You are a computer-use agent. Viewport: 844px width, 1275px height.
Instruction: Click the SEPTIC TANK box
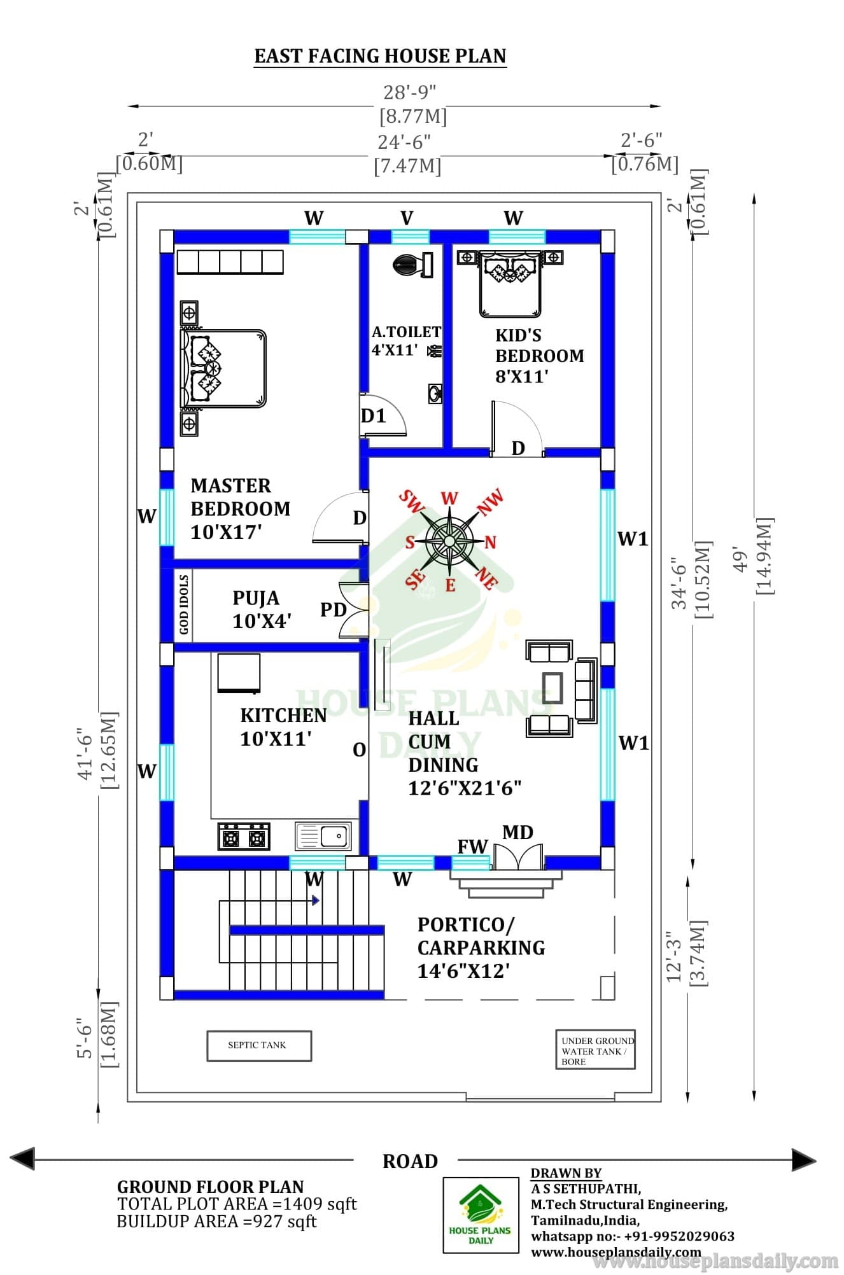click(259, 1045)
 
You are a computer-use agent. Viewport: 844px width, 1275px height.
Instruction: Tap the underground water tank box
click(595, 1049)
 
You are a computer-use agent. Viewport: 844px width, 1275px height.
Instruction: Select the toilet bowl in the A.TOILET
click(413, 264)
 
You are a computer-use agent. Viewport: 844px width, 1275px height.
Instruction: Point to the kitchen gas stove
click(244, 836)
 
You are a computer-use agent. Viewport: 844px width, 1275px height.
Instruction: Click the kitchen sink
click(323, 835)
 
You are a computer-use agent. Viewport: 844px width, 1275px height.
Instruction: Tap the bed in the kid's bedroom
click(510, 283)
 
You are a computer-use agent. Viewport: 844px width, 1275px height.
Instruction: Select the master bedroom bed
click(223, 368)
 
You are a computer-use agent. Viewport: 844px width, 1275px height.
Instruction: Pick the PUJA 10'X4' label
click(262, 610)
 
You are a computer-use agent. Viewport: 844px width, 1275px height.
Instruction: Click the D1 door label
click(374, 416)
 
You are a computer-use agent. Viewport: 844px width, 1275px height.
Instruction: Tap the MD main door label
click(517, 832)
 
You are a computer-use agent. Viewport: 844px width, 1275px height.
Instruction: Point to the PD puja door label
click(333, 610)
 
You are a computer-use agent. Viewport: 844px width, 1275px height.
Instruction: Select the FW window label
click(472, 846)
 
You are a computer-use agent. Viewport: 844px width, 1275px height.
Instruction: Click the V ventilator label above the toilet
click(407, 218)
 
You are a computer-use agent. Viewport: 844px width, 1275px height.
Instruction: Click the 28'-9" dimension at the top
click(410, 93)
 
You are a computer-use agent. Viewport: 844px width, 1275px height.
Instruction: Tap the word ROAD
click(411, 1162)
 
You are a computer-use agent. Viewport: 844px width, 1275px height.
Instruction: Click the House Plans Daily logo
click(481, 1215)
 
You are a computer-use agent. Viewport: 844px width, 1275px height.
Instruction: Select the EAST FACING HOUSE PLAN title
click(381, 56)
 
